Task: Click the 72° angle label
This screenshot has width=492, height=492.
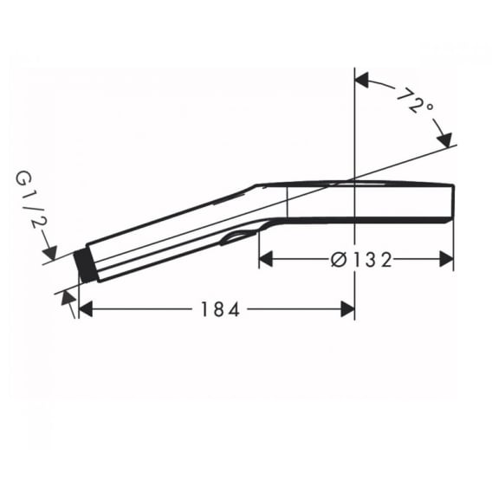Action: pyautogui.click(x=415, y=101)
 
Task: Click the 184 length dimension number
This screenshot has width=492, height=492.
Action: pyautogui.click(x=220, y=309)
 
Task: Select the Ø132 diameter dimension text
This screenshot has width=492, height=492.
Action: pyautogui.click(x=361, y=260)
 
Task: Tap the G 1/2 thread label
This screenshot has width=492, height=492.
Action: pyautogui.click(x=32, y=201)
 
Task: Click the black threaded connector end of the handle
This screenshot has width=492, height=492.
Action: pyautogui.click(x=85, y=266)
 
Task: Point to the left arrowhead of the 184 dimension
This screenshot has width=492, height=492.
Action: pyautogui.click(x=86, y=309)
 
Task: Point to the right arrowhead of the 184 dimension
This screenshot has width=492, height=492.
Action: pyautogui.click(x=347, y=309)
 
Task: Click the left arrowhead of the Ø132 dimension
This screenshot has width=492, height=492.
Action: pyautogui.click(x=266, y=260)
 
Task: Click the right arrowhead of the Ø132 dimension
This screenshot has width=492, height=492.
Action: pyautogui.click(x=446, y=260)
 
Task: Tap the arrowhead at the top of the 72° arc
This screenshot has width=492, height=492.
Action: pyautogui.click(x=361, y=81)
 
